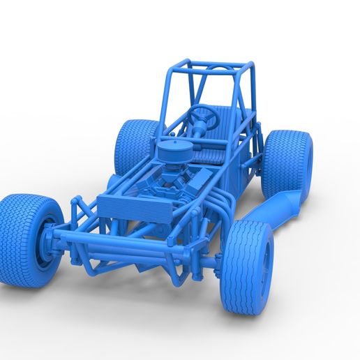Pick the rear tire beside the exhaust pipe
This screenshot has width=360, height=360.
[x=286, y=163]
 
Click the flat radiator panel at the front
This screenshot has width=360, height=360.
[x=126, y=205]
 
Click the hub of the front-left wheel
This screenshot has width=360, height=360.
[x=50, y=241]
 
